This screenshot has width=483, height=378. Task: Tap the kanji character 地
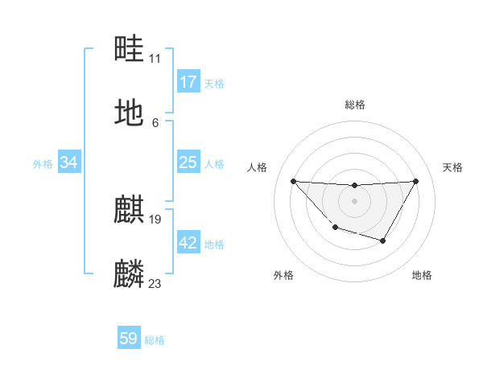[130, 113]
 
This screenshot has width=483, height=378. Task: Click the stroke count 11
[155, 58]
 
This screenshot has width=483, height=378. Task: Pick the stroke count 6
[155, 122]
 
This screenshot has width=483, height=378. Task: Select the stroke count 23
[155, 283]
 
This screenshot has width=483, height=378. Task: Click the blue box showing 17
[188, 82]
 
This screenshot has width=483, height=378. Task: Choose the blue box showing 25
[188, 162]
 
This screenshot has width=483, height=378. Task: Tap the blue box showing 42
[188, 243]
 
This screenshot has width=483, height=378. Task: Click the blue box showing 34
[69, 162]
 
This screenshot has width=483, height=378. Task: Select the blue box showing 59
[129, 339]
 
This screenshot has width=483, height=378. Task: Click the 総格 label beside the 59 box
[155, 340]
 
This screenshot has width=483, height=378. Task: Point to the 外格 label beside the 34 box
[43, 164]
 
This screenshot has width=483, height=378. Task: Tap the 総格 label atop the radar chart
[354, 105]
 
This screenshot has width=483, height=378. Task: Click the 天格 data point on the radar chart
[415, 181]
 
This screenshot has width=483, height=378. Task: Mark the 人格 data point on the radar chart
[293, 181]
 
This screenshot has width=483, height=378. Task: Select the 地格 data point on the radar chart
[383, 240]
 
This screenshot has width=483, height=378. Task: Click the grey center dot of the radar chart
[354, 200]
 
